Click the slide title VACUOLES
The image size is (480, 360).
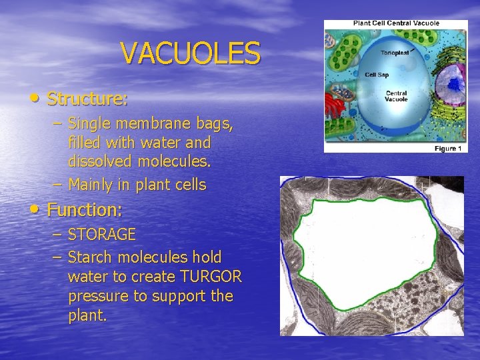[x=191, y=54]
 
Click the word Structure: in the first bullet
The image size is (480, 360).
[x=87, y=100]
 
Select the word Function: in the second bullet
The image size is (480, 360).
[x=85, y=211]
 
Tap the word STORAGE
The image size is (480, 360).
[x=102, y=235]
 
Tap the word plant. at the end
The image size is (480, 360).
[x=87, y=315]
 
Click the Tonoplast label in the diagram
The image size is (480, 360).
[x=395, y=54]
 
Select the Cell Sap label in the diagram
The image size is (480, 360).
[x=377, y=75]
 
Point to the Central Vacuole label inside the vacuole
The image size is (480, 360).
[x=396, y=96]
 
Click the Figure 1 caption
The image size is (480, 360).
[x=447, y=148]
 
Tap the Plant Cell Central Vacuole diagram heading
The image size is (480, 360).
[x=396, y=23]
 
